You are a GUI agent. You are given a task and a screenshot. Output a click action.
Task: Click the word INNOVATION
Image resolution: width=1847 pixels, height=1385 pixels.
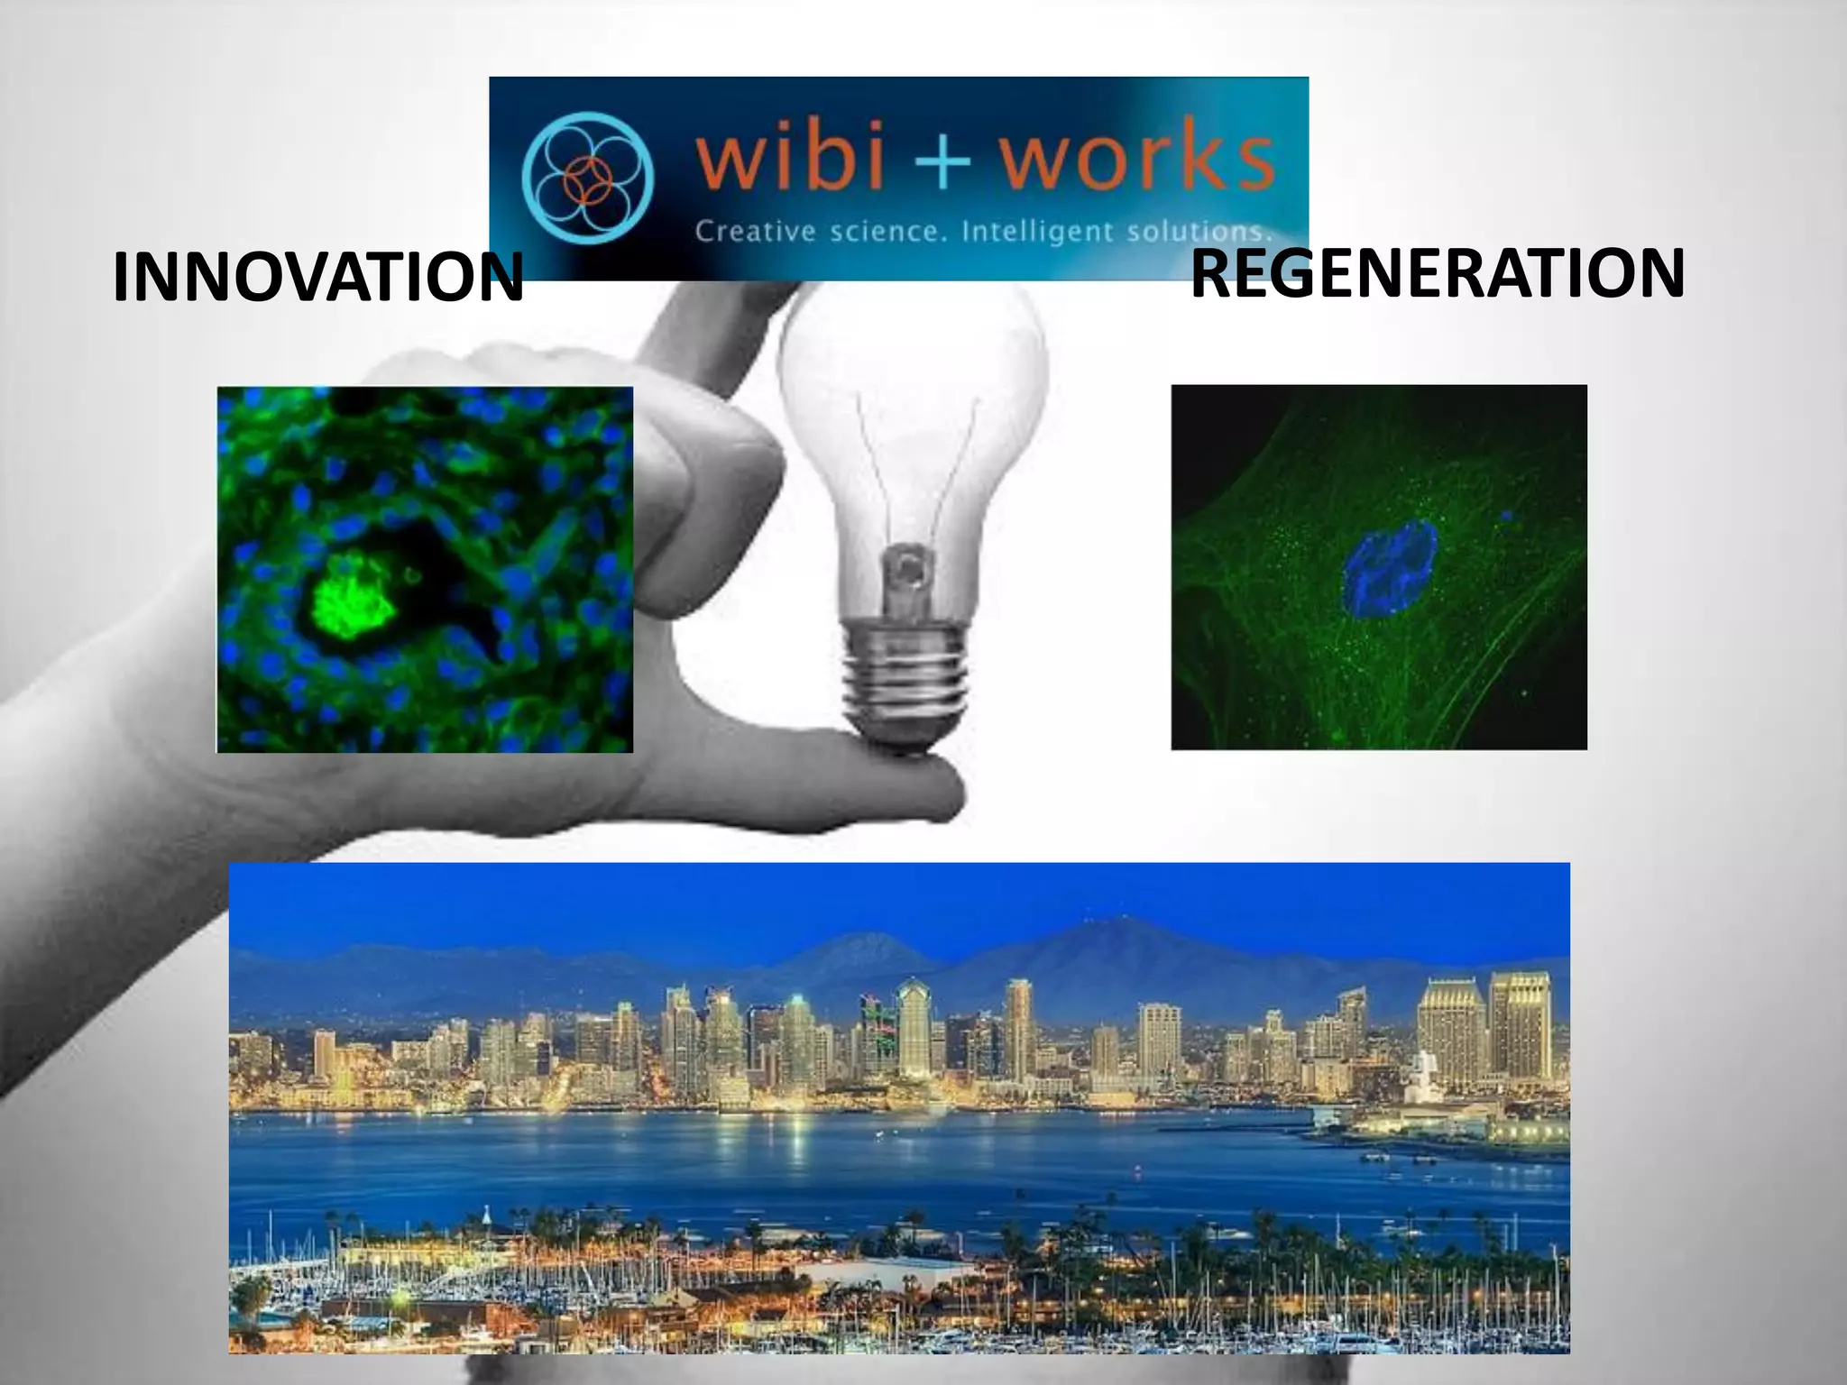(317, 278)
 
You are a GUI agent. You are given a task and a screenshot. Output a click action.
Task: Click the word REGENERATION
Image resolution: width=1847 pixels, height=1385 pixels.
(1438, 273)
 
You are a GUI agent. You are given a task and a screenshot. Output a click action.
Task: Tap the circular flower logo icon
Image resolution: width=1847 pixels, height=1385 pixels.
(587, 179)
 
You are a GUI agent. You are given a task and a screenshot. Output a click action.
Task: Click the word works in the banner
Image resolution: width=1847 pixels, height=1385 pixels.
(1138, 162)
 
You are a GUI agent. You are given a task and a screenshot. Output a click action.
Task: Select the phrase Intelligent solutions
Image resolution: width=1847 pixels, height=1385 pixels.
(1116, 233)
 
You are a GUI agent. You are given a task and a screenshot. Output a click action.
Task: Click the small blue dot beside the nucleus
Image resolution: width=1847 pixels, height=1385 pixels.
(1506, 516)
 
